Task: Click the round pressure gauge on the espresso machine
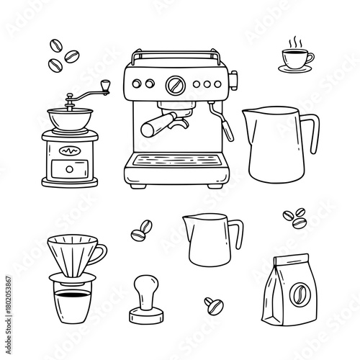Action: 173,86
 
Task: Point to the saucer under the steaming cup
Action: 294,68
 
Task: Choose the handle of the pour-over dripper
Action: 102,252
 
